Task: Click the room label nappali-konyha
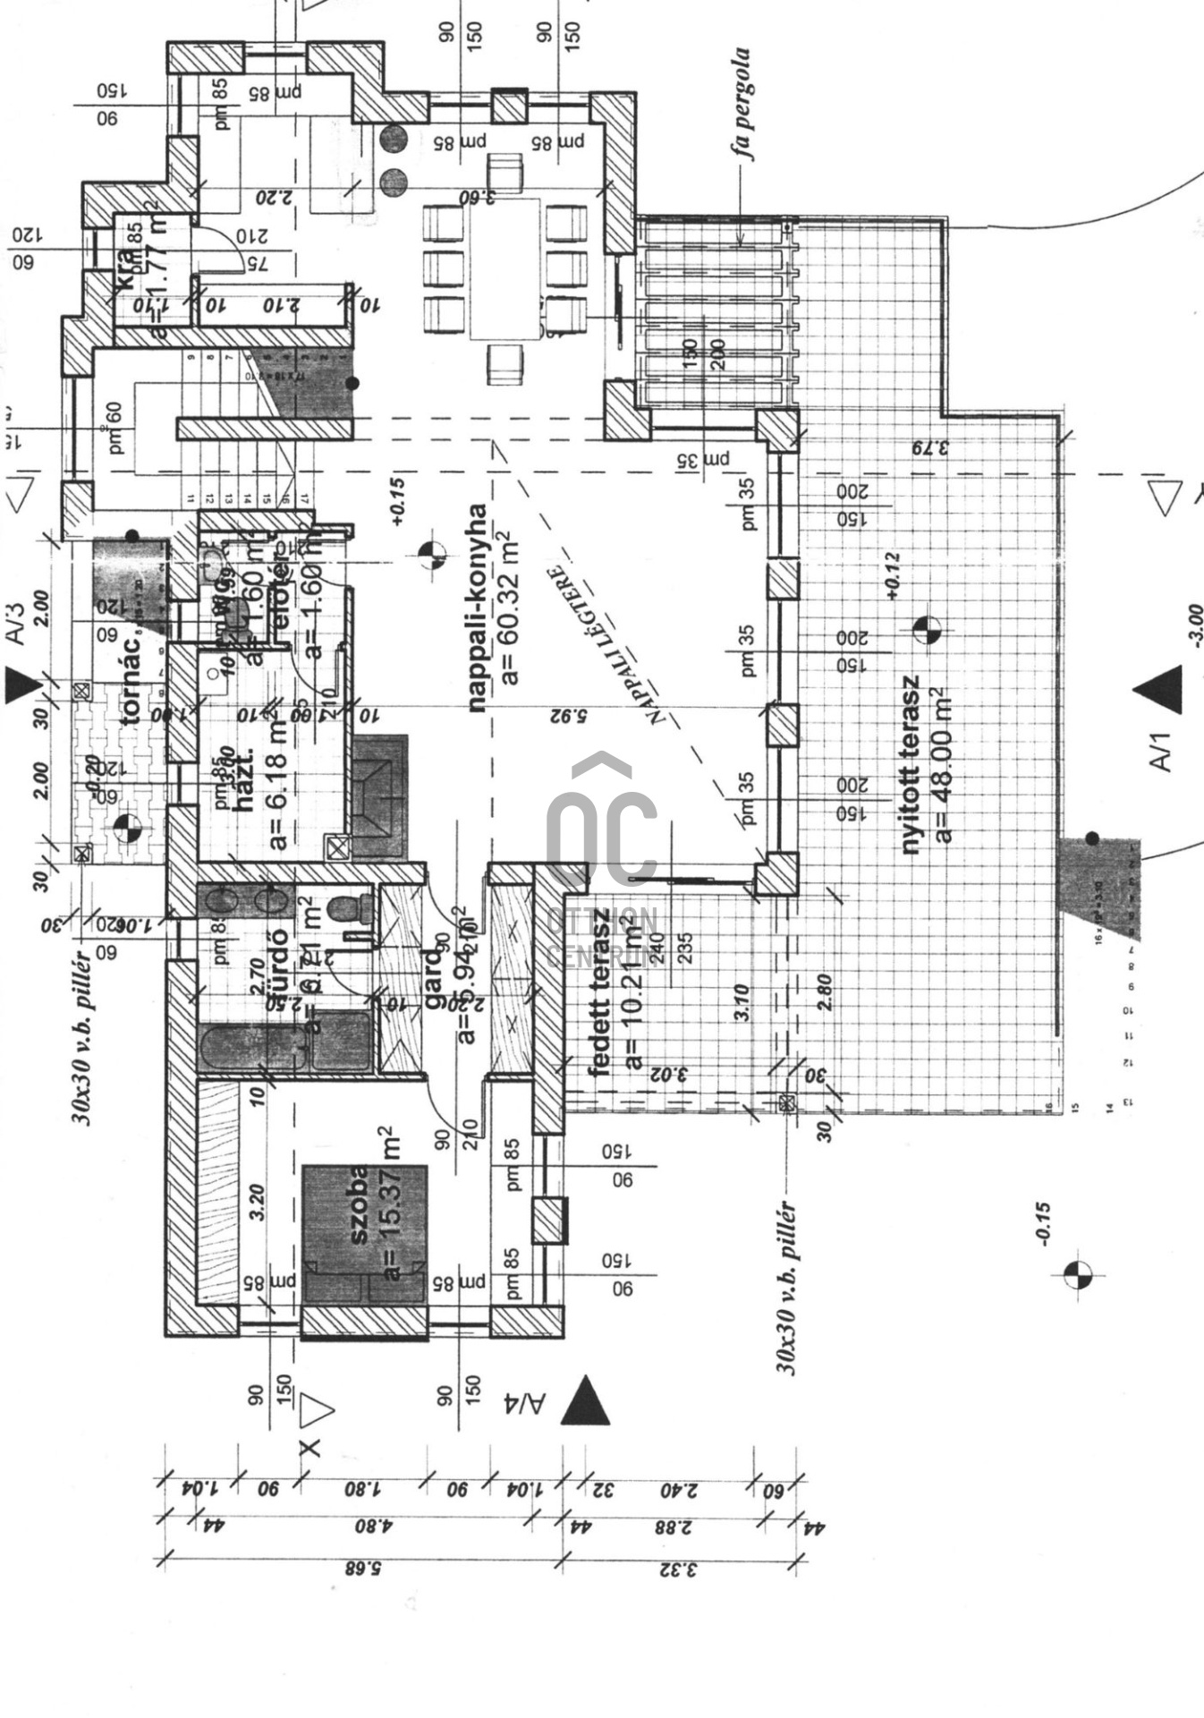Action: pos(479,608)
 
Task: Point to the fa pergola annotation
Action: pos(742,103)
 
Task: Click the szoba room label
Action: pos(359,1204)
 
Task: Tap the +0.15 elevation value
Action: pos(397,501)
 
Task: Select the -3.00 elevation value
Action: pos(1195,625)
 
